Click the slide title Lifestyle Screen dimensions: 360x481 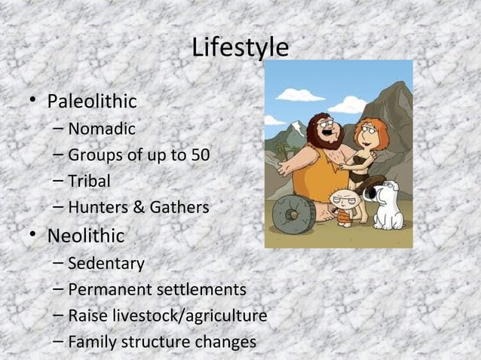tap(240, 47)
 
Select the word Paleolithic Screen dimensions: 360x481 tap(92, 101)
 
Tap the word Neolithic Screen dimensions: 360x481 tap(86, 236)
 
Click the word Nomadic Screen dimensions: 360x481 tap(102, 129)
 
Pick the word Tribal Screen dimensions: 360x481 tap(89, 182)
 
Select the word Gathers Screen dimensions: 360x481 tap(181, 208)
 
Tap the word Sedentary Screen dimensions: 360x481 tap(106, 264)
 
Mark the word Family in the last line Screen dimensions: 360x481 tap(91, 342)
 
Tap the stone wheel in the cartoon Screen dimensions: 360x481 tap(293, 215)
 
